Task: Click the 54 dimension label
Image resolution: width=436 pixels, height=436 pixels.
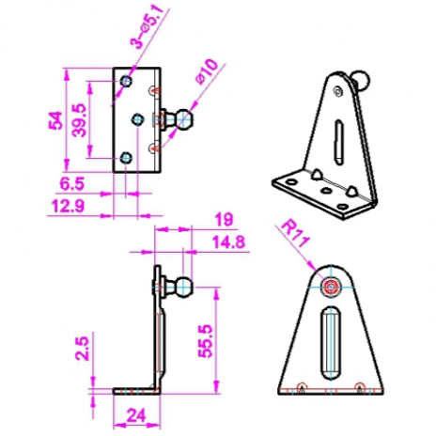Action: point(55,120)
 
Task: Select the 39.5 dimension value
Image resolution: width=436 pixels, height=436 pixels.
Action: point(78,120)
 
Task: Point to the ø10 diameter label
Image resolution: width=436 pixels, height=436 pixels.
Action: point(207,71)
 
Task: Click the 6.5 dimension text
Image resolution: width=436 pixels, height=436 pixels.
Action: point(72,184)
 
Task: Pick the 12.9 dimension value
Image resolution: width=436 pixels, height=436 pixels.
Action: point(69,206)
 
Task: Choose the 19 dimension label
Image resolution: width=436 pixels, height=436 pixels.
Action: point(225,220)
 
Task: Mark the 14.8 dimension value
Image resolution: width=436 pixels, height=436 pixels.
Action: point(229,242)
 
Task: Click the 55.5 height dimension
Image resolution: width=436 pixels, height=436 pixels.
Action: point(205,341)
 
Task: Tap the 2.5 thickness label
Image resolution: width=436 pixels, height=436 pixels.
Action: point(82,349)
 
